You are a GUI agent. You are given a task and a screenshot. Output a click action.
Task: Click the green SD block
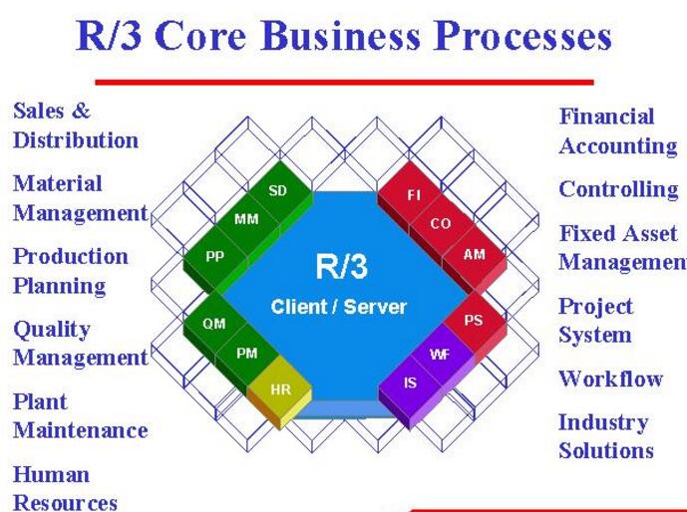278,190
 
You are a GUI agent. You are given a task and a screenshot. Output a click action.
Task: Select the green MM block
246,219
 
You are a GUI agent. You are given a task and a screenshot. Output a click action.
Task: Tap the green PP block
215,256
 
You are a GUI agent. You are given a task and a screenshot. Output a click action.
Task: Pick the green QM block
214,324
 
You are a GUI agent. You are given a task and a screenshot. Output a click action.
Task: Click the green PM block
247,354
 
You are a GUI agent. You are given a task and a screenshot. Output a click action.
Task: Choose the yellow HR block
280,389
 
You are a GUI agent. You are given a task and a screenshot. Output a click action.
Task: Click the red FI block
413,195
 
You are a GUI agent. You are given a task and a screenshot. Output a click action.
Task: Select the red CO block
441,224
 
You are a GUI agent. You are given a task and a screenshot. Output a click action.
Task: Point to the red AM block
475,255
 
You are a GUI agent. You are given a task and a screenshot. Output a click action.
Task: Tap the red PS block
474,321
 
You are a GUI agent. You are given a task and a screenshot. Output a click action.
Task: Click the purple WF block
440,354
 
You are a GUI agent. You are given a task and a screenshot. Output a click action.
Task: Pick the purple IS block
411,384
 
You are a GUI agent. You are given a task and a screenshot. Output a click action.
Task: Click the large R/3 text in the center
341,267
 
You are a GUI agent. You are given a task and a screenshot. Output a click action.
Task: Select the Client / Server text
339,307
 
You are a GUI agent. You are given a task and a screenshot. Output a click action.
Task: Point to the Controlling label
617,189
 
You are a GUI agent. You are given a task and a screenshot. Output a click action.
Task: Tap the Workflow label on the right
610,379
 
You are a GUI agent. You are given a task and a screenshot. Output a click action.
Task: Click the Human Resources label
65,488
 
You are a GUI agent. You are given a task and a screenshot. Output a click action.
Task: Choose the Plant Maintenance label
80,416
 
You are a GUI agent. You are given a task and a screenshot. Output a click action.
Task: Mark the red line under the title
344,82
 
